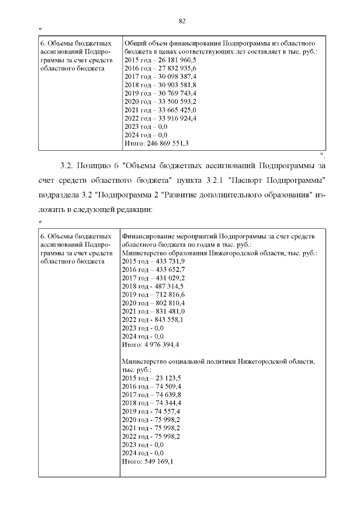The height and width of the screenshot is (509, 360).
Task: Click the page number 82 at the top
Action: pos(182,21)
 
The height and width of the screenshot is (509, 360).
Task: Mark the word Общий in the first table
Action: pos(134,43)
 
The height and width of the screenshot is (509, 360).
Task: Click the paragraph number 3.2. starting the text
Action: pos(66,166)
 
